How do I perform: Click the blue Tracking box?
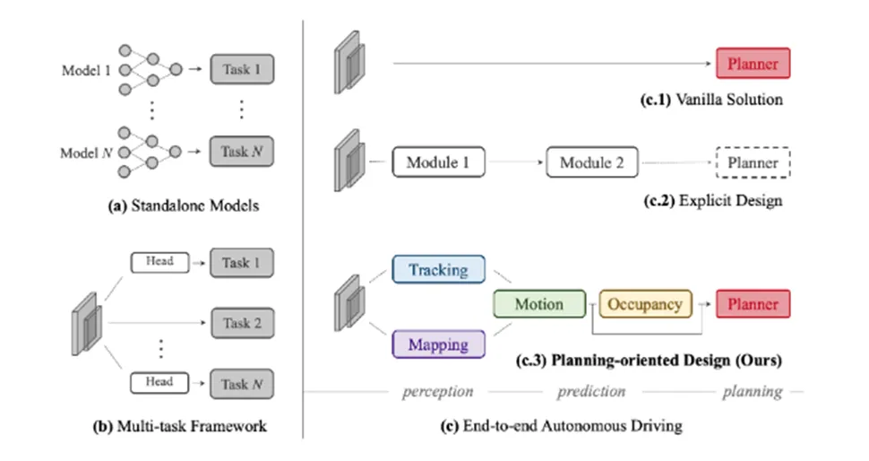(x=438, y=269)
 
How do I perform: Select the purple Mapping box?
(x=438, y=344)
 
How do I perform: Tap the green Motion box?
(x=538, y=304)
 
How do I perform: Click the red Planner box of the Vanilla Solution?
(x=753, y=64)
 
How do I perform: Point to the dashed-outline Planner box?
(x=753, y=163)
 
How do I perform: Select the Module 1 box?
(x=438, y=163)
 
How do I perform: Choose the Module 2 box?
(x=591, y=163)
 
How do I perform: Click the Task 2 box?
(x=242, y=323)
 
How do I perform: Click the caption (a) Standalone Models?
(x=183, y=205)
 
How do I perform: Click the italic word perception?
(x=437, y=391)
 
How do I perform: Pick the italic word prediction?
(x=591, y=391)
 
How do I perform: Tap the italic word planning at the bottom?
(x=753, y=391)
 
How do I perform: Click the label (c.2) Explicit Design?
(x=713, y=200)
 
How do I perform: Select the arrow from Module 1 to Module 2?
(x=515, y=163)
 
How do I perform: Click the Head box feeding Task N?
(x=159, y=383)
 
